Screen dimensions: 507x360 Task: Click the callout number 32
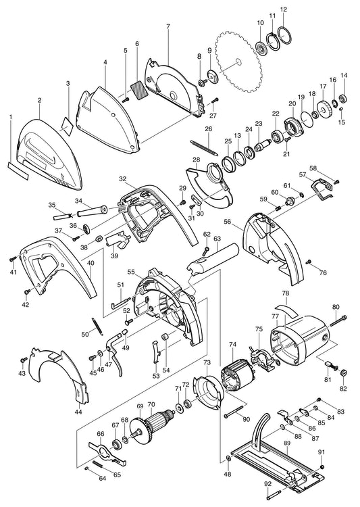(122, 180)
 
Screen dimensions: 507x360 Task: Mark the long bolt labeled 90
(234, 410)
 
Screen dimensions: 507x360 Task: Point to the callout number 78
(285, 294)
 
